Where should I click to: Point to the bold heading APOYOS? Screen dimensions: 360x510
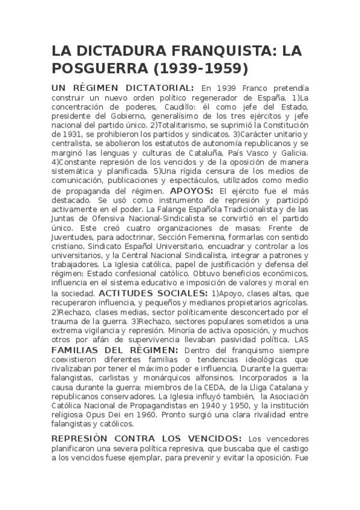tap(192, 191)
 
